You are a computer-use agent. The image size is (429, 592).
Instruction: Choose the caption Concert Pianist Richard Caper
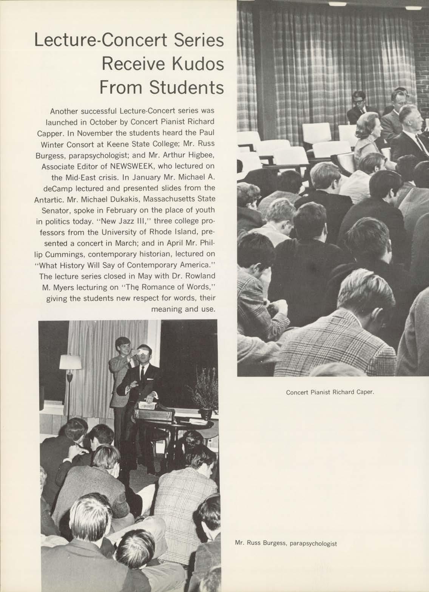pos(330,392)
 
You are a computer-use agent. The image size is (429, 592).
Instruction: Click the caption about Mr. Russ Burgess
pos(285,544)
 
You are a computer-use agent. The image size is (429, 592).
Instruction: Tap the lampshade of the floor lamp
pos(71,362)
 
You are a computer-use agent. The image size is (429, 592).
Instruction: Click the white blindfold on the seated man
pos(142,350)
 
